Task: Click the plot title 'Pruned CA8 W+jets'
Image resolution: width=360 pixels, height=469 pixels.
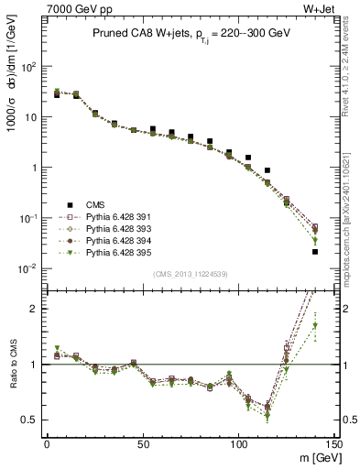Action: click(134, 33)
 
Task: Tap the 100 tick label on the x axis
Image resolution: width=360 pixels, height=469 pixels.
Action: click(238, 443)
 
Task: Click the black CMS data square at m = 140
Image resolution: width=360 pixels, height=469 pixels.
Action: click(315, 251)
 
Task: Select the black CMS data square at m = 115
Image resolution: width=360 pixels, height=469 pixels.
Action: click(267, 170)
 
